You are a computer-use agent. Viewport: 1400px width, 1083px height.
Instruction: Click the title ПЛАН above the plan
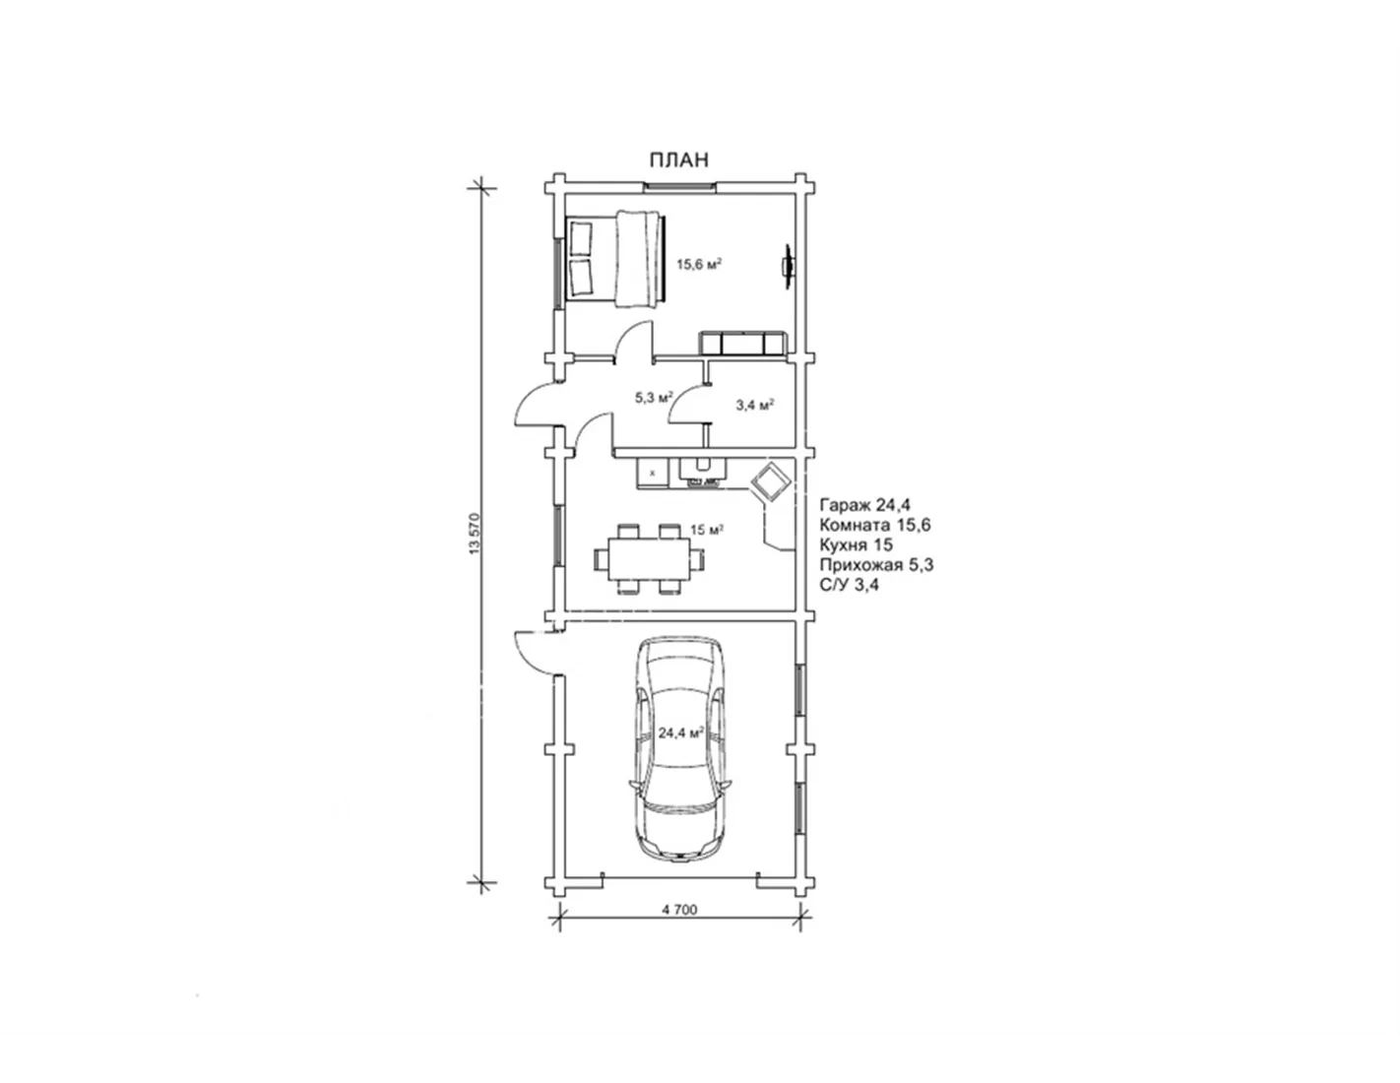678,159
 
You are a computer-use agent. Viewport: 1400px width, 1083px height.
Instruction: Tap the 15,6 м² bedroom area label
698,264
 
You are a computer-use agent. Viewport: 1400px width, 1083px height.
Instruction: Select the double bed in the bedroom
616,258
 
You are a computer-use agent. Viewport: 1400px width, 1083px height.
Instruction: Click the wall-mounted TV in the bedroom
788,265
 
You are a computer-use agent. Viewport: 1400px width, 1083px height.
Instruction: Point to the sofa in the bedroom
743,343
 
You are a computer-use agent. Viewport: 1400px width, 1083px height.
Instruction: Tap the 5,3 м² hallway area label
654,397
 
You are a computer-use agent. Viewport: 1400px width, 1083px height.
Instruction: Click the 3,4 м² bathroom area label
754,405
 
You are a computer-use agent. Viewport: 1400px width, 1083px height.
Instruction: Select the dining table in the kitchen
649,558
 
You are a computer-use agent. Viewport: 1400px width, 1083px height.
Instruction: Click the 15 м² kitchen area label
707,530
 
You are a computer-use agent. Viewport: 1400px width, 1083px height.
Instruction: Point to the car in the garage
680,750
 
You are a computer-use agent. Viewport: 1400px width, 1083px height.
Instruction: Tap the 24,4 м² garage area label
679,733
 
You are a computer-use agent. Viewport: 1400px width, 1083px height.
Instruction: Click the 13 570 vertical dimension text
475,534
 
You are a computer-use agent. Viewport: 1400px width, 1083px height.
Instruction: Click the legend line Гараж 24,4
864,504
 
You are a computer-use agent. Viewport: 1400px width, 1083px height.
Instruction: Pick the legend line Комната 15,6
875,525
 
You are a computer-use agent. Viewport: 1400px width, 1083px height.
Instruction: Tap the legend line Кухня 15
856,544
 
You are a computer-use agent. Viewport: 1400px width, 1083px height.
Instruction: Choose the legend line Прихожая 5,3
876,565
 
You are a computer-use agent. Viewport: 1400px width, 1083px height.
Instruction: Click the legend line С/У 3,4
849,585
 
